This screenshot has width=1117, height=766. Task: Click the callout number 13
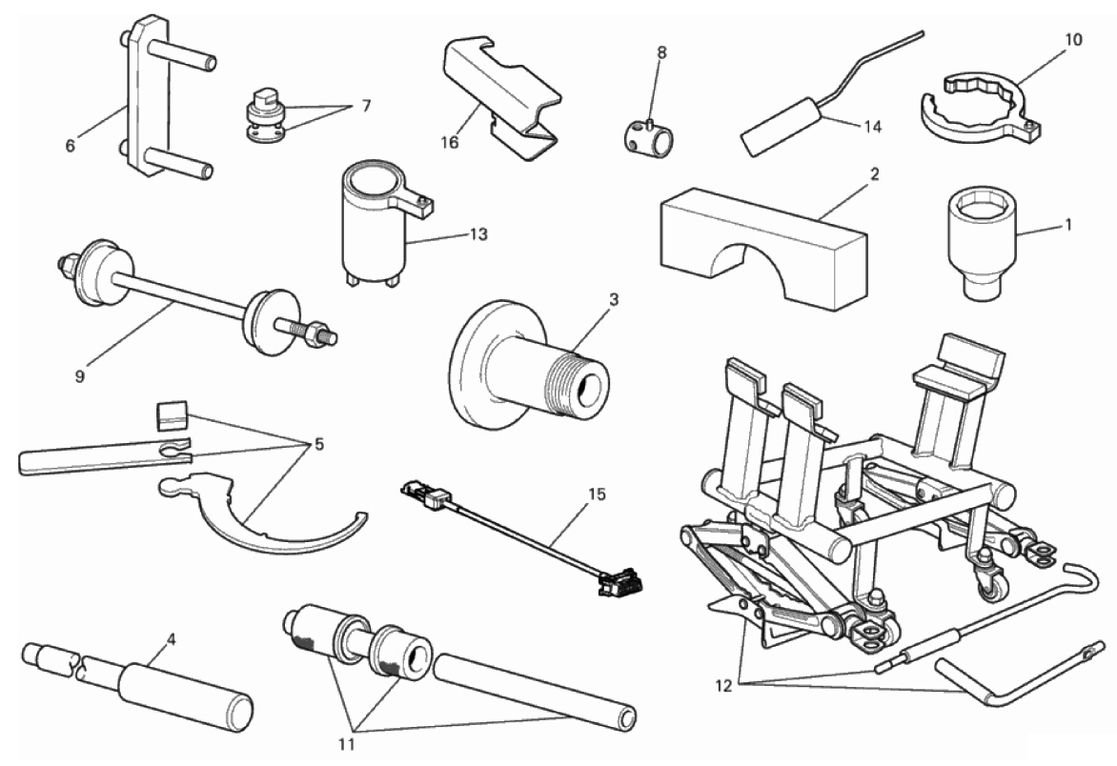(x=478, y=234)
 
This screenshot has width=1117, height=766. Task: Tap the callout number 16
(x=450, y=142)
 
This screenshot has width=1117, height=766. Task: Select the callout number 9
(x=80, y=376)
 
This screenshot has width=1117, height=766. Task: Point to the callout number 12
(x=723, y=686)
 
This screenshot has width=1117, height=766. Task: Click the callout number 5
(x=318, y=445)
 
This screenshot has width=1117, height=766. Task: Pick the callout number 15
(x=597, y=494)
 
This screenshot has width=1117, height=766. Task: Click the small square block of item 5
(x=172, y=415)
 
